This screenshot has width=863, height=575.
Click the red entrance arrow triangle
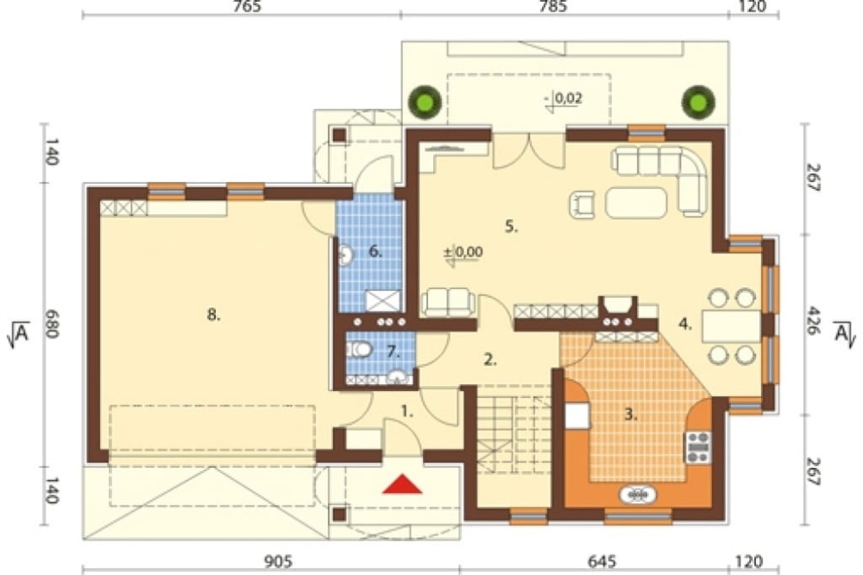403,484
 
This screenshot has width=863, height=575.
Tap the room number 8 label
213,315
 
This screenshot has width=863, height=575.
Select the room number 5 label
511,226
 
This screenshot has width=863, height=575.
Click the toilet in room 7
360,349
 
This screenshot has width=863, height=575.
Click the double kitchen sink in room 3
638,494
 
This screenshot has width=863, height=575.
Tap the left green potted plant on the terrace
425,102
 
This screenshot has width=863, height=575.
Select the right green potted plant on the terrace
698,102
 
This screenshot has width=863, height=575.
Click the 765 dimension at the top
247,7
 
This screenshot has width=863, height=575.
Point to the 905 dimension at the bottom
278,562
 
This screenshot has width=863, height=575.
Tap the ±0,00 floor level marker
463,252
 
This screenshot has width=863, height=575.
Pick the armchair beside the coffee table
583,205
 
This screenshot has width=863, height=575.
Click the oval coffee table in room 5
636,203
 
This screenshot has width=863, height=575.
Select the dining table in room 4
732,326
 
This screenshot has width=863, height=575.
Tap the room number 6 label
375,252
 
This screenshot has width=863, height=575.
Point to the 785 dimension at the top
552,7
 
